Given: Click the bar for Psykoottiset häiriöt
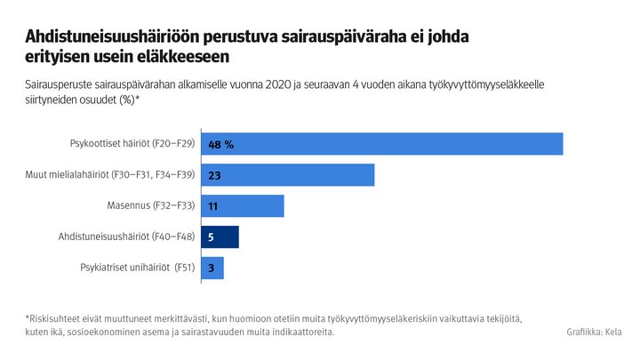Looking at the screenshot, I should pyautogui.click(x=382, y=144).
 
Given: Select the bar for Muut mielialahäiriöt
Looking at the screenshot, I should pyautogui.click(x=288, y=175).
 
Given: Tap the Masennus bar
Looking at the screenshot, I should pyautogui.click(x=243, y=206).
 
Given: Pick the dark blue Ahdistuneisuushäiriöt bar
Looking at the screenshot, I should pyautogui.click(x=220, y=237).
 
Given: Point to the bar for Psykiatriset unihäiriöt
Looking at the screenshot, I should pyautogui.click(x=212, y=268).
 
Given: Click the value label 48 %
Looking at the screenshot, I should pyautogui.click(x=220, y=144).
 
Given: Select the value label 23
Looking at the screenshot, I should pyautogui.click(x=214, y=175).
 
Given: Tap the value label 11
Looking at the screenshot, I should pyautogui.click(x=213, y=206).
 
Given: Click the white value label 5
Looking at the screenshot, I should pyautogui.click(x=211, y=237).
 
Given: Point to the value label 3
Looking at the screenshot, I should pyautogui.click(x=211, y=268).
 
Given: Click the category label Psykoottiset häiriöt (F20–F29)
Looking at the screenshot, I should pyautogui.click(x=132, y=144).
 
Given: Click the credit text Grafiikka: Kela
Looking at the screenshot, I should pyautogui.click(x=593, y=332).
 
